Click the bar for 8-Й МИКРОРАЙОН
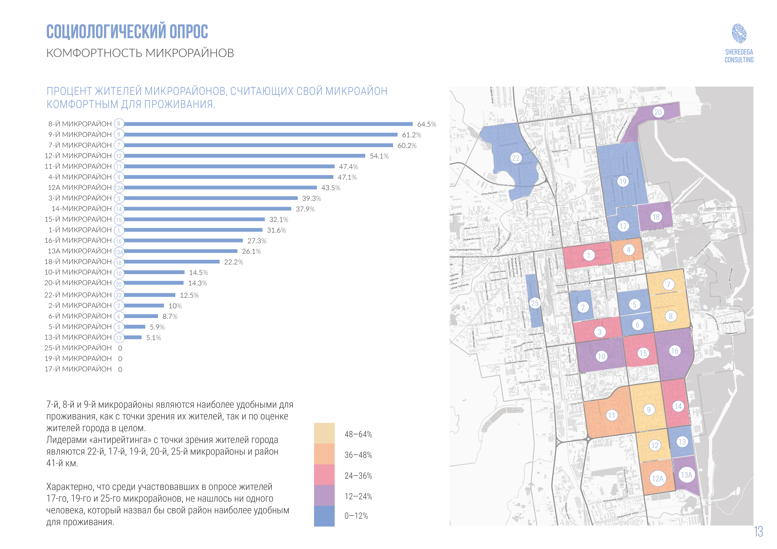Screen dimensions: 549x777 tap(268, 124)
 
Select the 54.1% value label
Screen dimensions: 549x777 tap(379, 156)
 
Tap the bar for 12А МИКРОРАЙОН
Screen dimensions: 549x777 tap(220, 188)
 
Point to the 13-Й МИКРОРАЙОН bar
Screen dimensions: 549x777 tap(133, 337)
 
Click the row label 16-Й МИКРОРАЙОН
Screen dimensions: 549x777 tap(78, 240)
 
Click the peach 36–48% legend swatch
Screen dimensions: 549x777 tap(324, 454)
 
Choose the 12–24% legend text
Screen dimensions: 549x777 tap(358, 497)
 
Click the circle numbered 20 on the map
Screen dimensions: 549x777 tap(658, 112)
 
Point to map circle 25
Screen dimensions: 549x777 tap(535, 303)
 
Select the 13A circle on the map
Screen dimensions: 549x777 tap(686, 475)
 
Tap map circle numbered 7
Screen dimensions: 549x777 tap(668, 284)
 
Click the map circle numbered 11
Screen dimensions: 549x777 tap(611, 415)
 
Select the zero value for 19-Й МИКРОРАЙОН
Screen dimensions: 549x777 tap(120, 359)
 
